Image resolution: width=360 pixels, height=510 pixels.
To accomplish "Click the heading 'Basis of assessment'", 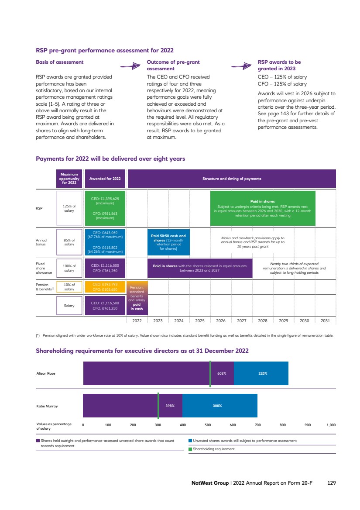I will (x=59, y=62).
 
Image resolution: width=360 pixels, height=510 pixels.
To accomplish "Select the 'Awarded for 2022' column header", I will (x=105, y=179).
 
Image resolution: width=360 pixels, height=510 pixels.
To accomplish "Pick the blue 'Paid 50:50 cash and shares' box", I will (x=168, y=242).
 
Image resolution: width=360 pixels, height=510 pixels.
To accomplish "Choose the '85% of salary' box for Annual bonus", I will (x=69, y=242).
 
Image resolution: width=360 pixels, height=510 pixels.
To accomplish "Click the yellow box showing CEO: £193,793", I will (x=105, y=286).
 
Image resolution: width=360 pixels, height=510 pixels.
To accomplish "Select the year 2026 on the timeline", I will (x=221, y=320).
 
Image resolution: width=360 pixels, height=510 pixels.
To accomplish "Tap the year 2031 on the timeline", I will (x=325, y=320).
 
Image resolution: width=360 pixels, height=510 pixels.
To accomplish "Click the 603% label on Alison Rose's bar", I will (x=221, y=373).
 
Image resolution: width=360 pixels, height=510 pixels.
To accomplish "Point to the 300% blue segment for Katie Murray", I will (x=217, y=406).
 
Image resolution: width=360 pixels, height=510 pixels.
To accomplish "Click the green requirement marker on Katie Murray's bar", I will (x=158, y=406).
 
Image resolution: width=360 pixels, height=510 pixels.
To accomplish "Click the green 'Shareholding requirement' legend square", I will (x=190, y=449).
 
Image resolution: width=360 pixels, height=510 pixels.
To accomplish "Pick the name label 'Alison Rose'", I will (x=46, y=373).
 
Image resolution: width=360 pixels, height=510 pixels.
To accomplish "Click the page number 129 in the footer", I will (x=331, y=483).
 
